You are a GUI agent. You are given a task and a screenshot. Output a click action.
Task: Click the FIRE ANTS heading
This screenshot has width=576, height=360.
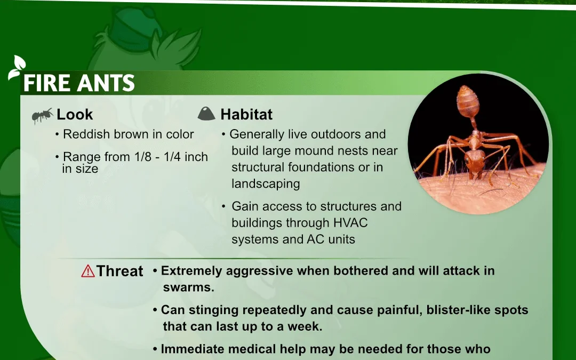(79, 83)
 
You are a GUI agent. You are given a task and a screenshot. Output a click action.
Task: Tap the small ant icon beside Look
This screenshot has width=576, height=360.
(42, 115)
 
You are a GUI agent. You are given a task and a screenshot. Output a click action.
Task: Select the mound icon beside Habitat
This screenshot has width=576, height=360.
(206, 114)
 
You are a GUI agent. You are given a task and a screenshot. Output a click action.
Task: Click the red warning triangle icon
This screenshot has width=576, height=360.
(88, 271)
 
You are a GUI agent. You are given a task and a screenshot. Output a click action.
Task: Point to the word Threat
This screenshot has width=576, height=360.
(120, 271)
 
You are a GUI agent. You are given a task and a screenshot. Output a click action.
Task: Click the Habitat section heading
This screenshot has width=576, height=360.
(246, 115)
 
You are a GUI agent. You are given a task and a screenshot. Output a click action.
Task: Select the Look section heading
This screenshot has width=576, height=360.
(75, 115)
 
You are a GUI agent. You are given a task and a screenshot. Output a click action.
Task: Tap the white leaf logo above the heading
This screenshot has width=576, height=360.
(17, 68)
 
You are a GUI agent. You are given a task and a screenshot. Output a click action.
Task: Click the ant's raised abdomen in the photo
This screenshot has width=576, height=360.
(468, 101)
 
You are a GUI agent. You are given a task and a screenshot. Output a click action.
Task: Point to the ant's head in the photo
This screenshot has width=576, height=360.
(475, 161)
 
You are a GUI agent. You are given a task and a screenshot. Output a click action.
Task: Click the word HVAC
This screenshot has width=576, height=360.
(350, 222)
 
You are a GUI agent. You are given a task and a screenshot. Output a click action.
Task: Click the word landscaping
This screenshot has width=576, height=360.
(266, 183)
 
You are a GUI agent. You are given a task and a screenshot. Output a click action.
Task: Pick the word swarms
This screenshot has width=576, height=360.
(188, 287)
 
